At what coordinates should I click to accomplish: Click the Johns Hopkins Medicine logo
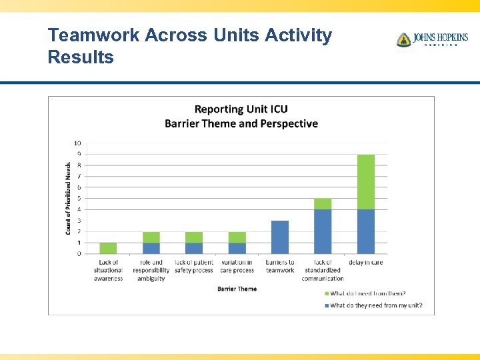click(x=431, y=39)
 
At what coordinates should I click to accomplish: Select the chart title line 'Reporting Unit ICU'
click(x=241, y=109)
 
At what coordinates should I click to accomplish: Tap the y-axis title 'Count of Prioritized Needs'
click(x=68, y=198)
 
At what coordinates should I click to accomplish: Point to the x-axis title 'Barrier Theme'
click(x=237, y=289)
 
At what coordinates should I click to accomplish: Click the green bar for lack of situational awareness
click(x=108, y=248)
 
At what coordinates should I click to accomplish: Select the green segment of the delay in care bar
click(x=365, y=182)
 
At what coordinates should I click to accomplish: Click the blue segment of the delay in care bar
click(x=365, y=231)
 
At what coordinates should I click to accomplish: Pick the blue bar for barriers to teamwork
click(x=280, y=237)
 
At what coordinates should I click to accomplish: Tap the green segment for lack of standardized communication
click(x=323, y=204)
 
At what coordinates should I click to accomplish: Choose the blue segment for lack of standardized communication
click(x=323, y=231)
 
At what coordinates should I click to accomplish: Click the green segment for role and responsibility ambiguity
click(x=151, y=237)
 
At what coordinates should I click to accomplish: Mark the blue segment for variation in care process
click(x=237, y=248)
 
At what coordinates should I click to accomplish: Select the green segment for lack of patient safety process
click(x=194, y=237)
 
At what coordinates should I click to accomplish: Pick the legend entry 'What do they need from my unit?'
click(x=373, y=305)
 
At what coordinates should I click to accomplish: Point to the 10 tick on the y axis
click(x=77, y=143)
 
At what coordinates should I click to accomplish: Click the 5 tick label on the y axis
click(x=79, y=199)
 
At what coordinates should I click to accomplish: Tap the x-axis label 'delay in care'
click(x=365, y=263)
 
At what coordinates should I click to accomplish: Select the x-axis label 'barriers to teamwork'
click(x=280, y=267)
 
